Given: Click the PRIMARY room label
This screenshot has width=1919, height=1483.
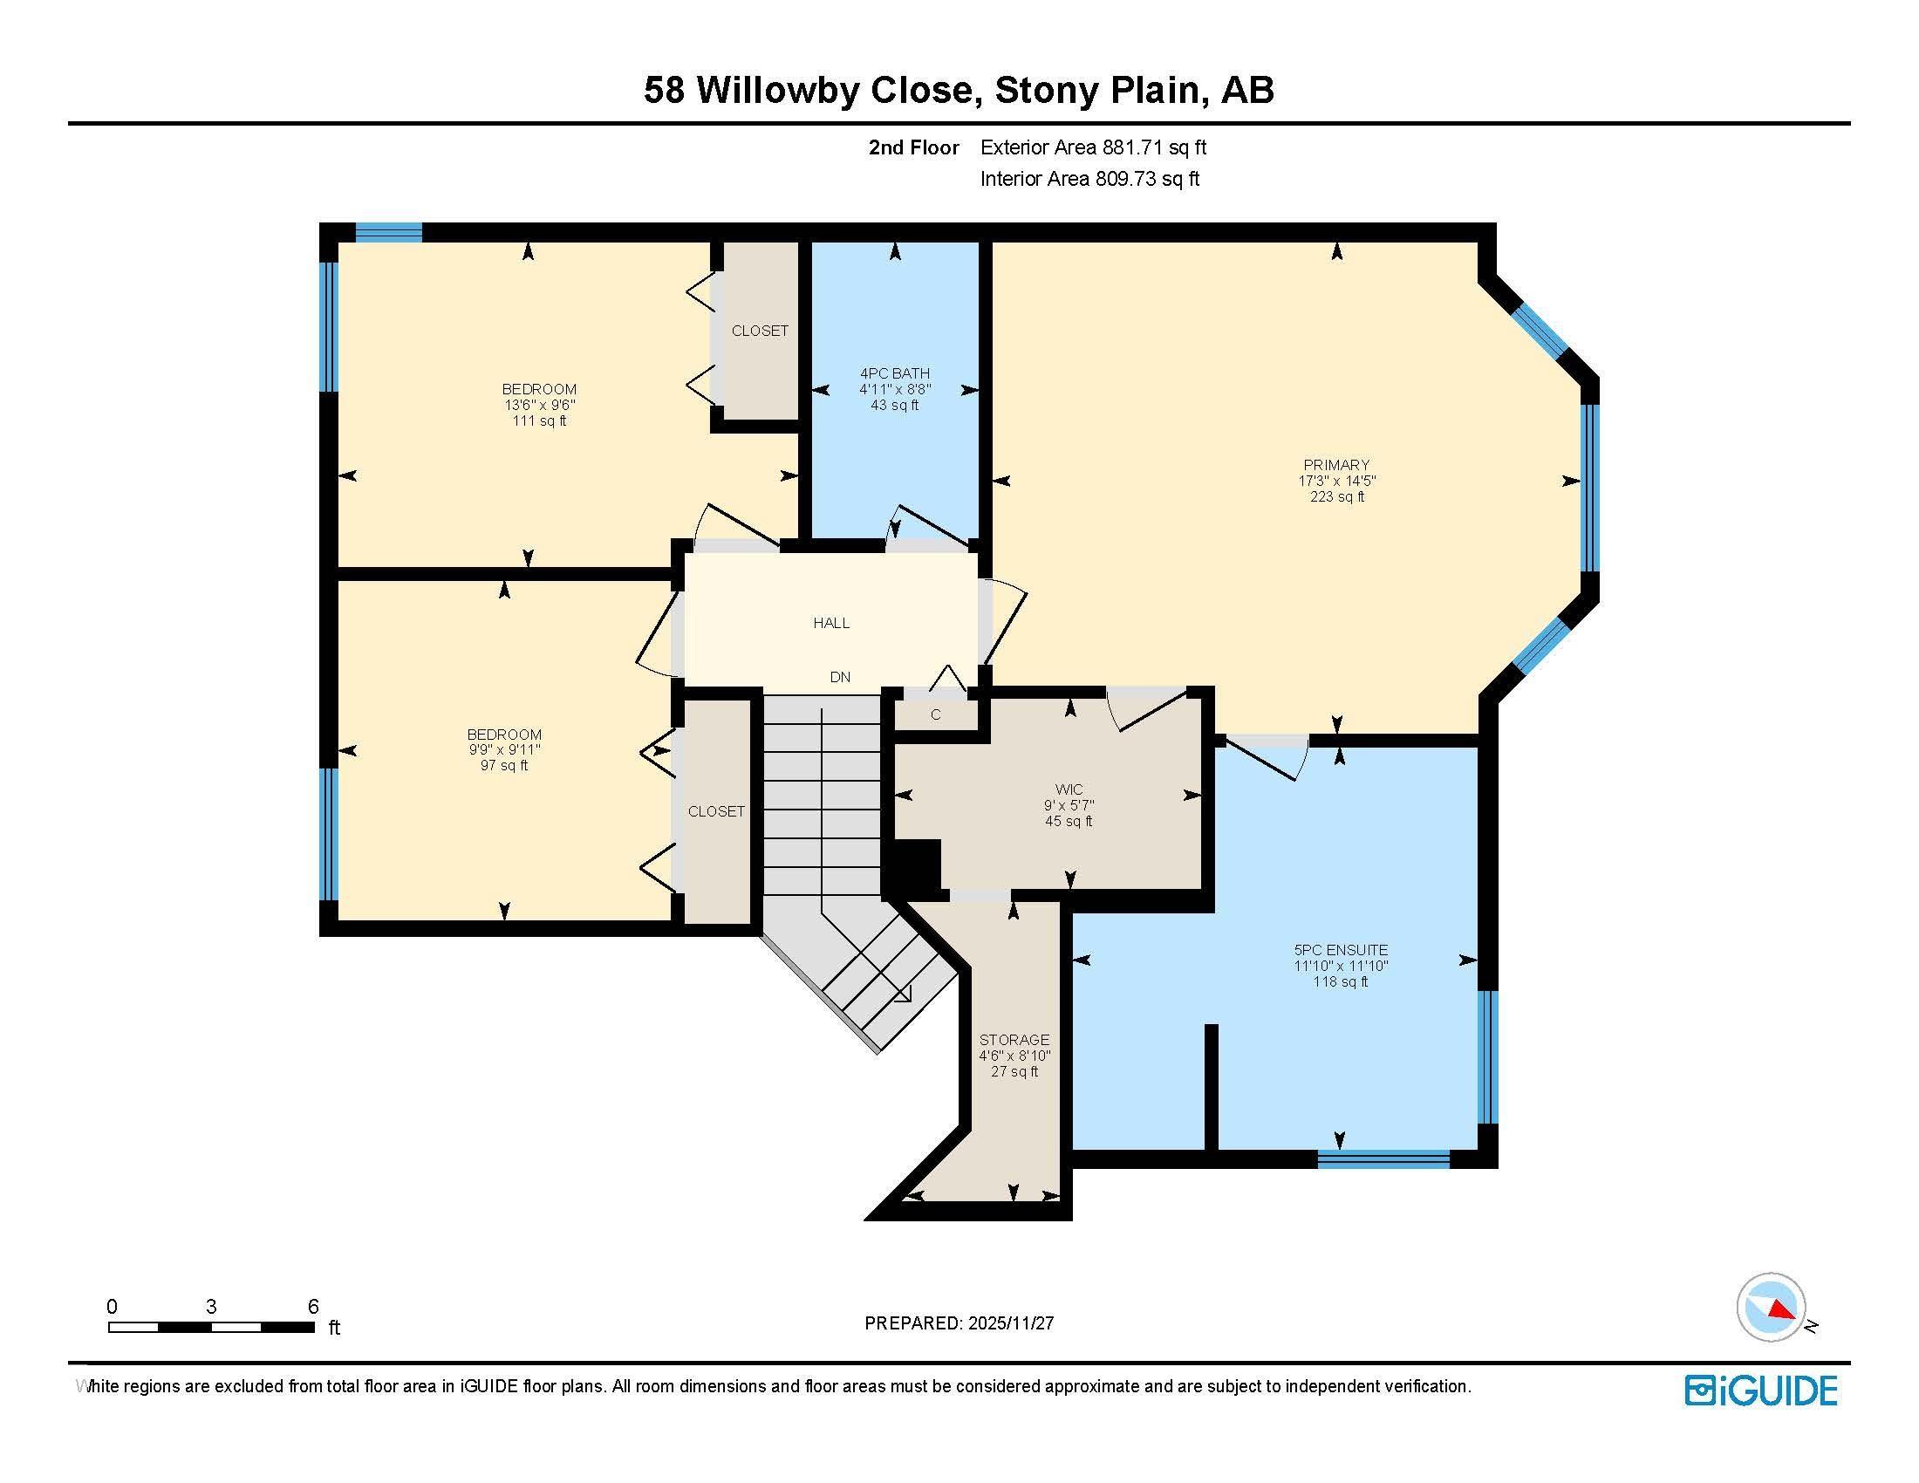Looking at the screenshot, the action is pyautogui.click(x=1336, y=465).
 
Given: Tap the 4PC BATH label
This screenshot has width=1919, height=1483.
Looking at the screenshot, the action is pyautogui.click(x=894, y=373).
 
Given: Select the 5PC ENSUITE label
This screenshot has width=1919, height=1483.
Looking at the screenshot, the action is pyautogui.click(x=1341, y=950).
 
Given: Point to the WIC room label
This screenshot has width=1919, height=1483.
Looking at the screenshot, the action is pyautogui.click(x=1069, y=789).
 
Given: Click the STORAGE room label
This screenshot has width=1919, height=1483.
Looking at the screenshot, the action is pyautogui.click(x=1014, y=1039).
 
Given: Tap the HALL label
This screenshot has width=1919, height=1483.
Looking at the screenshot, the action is pyautogui.click(x=831, y=623).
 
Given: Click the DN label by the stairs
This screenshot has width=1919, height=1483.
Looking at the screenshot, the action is pyautogui.click(x=840, y=677).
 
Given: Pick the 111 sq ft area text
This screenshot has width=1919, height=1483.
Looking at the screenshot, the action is pyautogui.click(x=539, y=420).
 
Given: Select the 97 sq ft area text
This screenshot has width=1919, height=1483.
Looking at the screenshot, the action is pyautogui.click(x=504, y=765).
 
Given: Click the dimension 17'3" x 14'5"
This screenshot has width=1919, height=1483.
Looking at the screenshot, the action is pyautogui.click(x=1336, y=481).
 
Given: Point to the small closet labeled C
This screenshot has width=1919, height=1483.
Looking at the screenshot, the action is pyautogui.click(x=935, y=714).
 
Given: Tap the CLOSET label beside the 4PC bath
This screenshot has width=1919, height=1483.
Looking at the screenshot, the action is pyautogui.click(x=760, y=331).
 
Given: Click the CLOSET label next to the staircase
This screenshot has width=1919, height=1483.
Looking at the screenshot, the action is pyautogui.click(x=716, y=811).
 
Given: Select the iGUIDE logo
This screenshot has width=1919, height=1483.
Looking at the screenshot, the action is pyautogui.click(x=1761, y=1391).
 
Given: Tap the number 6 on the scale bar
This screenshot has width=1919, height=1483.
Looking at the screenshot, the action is pyautogui.click(x=313, y=1307).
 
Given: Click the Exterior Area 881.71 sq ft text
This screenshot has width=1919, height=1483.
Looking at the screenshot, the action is pyautogui.click(x=1093, y=147).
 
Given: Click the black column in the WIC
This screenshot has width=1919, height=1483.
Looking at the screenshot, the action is pyautogui.click(x=918, y=866).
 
